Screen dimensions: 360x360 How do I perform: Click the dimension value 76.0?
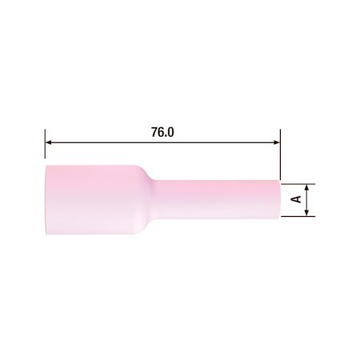tap(162, 131)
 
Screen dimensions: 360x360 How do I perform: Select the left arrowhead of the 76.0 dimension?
tap(50, 143)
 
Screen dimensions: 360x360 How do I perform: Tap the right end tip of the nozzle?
tap(278, 199)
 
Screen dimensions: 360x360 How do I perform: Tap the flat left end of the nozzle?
tap(46, 199)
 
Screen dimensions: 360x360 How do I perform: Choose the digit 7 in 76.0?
tap(153, 131)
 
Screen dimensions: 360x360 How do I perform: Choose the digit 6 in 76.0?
tap(160, 131)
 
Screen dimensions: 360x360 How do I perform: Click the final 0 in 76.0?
tap(170, 131)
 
